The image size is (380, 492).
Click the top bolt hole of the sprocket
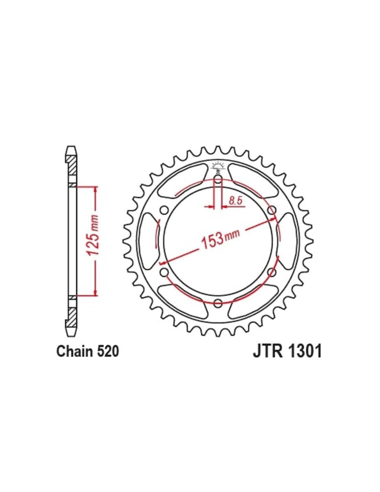[218, 181]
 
